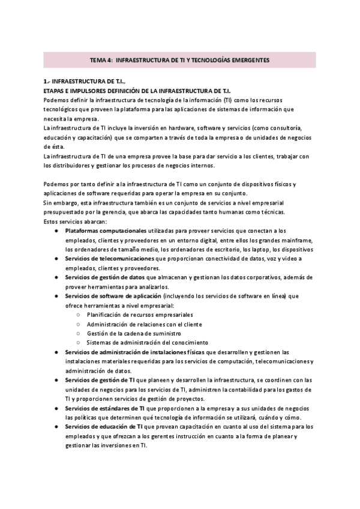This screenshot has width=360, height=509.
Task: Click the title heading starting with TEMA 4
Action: [180, 60]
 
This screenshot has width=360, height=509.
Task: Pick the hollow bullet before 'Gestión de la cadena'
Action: [80, 333]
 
